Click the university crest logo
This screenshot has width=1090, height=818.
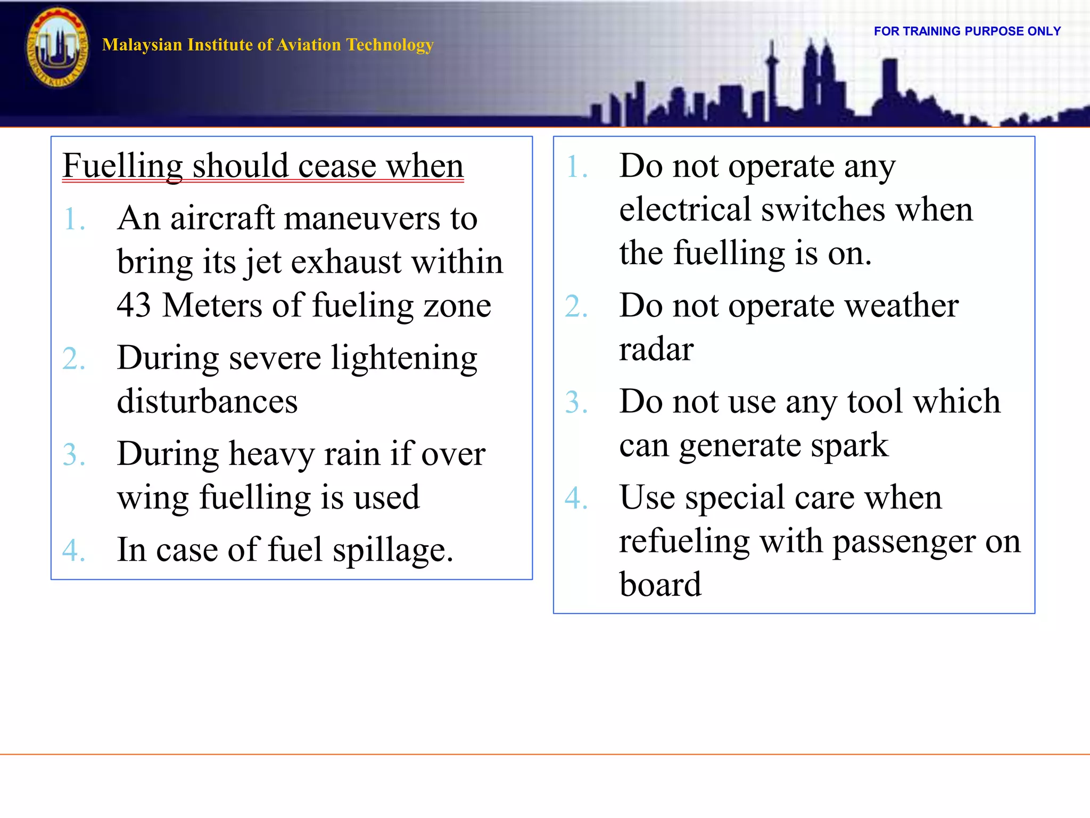[57, 48]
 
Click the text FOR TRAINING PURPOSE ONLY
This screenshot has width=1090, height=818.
[967, 31]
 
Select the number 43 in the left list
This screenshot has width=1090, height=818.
[134, 306]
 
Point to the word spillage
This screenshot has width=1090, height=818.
[393, 551]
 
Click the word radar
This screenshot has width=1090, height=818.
[656, 350]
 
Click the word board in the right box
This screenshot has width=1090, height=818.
[660, 585]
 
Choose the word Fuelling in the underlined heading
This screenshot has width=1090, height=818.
[123, 167]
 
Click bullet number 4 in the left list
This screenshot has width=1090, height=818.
[73, 551]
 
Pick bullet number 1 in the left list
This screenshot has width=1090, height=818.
[73, 219]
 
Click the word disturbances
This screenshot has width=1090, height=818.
[207, 402]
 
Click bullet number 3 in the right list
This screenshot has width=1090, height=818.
[576, 403]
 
